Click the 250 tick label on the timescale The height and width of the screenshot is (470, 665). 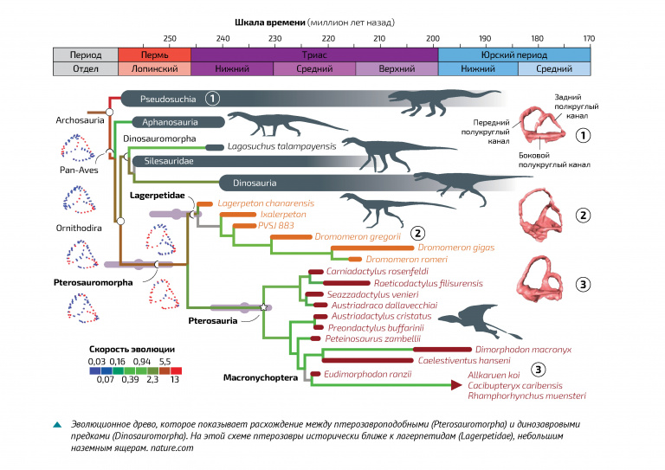(x=170, y=39)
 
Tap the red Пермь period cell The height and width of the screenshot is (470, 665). (x=154, y=55)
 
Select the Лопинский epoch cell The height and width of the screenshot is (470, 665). (x=154, y=68)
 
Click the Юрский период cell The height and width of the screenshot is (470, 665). (x=514, y=55)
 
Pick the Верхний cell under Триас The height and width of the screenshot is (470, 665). (x=397, y=68)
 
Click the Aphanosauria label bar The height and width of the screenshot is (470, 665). (x=178, y=122)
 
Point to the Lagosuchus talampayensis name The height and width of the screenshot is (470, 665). (x=281, y=146)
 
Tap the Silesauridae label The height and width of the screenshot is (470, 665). (x=169, y=161)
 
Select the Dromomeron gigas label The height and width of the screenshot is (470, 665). (x=456, y=248)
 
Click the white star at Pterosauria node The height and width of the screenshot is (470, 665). (x=263, y=306)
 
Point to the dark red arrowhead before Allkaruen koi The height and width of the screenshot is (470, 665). (x=456, y=385)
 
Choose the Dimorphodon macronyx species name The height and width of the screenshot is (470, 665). (x=523, y=350)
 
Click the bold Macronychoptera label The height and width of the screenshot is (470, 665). (x=261, y=377)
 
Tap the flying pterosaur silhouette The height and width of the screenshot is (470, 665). (x=479, y=321)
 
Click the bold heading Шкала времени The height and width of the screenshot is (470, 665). (x=270, y=23)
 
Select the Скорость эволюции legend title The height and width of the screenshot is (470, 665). (x=132, y=349)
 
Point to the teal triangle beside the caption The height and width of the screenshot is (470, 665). (x=57, y=424)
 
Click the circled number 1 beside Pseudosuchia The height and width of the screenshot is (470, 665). (x=212, y=99)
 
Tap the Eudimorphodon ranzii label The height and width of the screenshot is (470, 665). (x=368, y=374)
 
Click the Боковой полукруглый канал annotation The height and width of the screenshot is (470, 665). (x=554, y=160)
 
